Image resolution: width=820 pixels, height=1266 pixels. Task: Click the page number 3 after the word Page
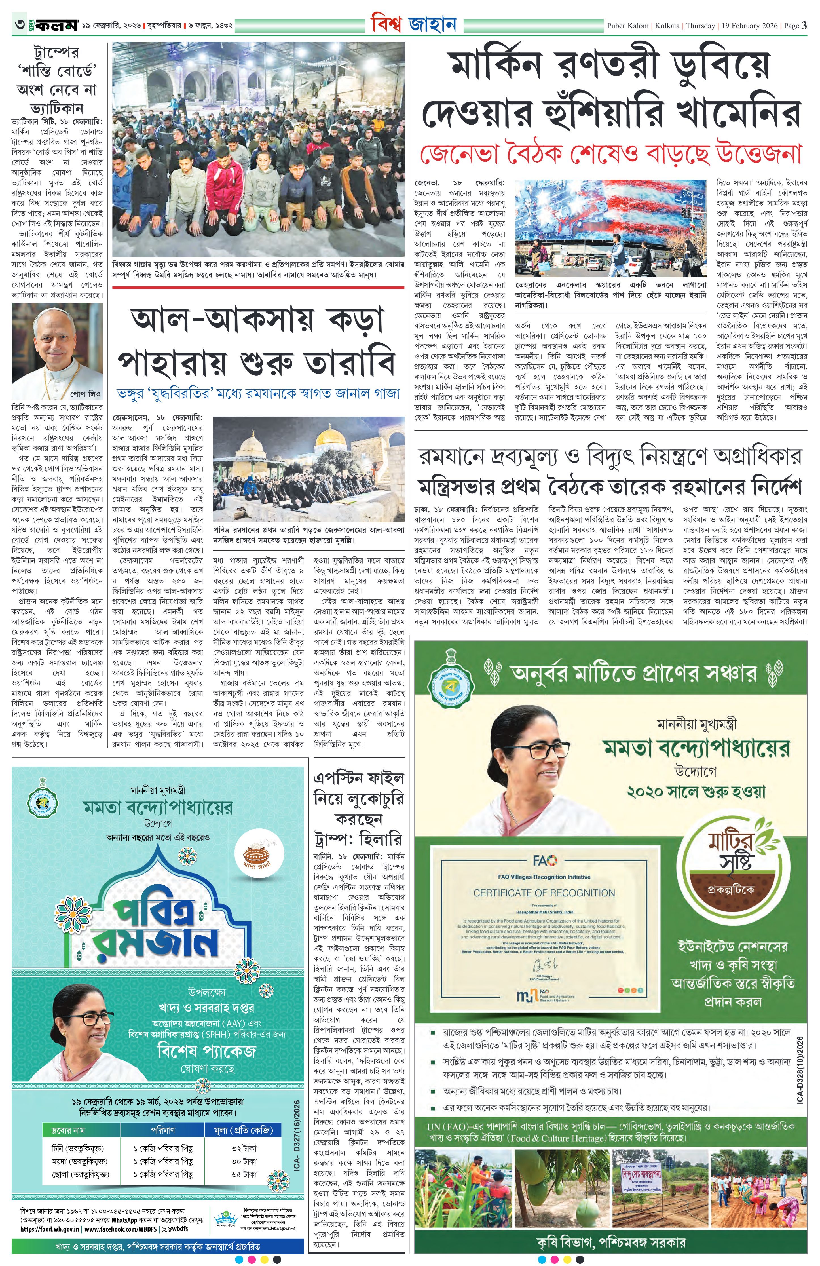tap(805, 25)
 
